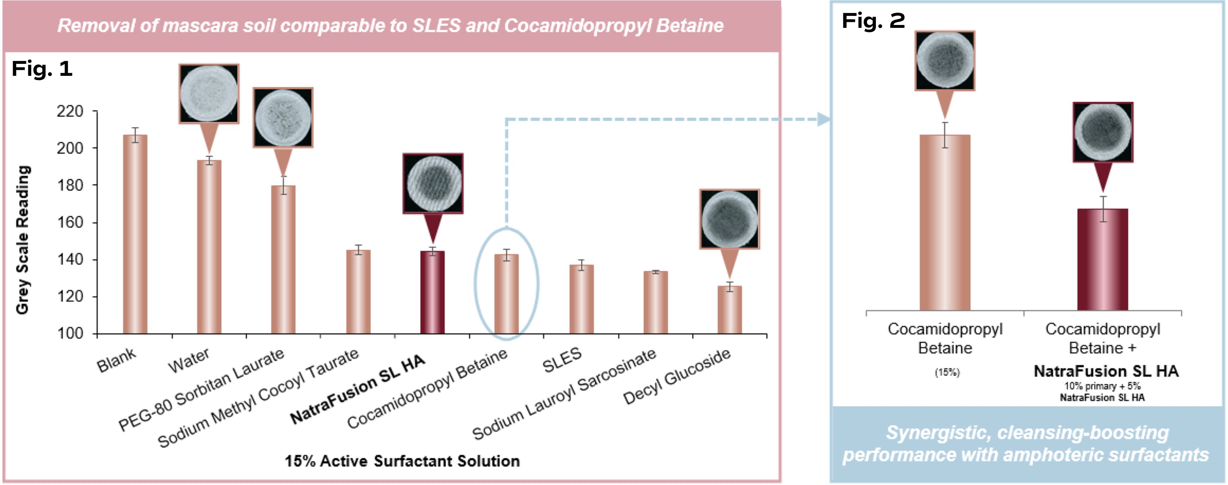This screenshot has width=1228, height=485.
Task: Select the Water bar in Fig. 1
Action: [x=209, y=247]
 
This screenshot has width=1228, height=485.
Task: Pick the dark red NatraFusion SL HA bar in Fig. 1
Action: [x=432, y=292]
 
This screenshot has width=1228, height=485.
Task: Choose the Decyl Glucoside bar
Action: [x=730, y=310]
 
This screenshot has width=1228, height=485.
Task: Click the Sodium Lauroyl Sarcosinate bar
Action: [x=656, y=303]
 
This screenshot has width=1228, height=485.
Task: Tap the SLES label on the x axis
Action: [x=562, y=360]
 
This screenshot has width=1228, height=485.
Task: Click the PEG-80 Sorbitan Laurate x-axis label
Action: [x=201, y=389]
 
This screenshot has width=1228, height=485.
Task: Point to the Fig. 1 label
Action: [x=42, y=69]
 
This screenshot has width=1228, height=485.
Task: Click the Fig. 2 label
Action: [x=873, y=21]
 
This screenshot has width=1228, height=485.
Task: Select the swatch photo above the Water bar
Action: [x=209, y=94]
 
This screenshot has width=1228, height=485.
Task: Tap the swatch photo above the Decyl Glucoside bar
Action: [x=729, y=219]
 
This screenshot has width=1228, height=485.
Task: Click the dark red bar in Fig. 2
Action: [x=1103, y=260]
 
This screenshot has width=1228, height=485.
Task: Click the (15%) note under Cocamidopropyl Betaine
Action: [x=947, y=372]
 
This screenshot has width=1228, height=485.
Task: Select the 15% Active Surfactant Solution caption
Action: [x=402, y=461]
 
